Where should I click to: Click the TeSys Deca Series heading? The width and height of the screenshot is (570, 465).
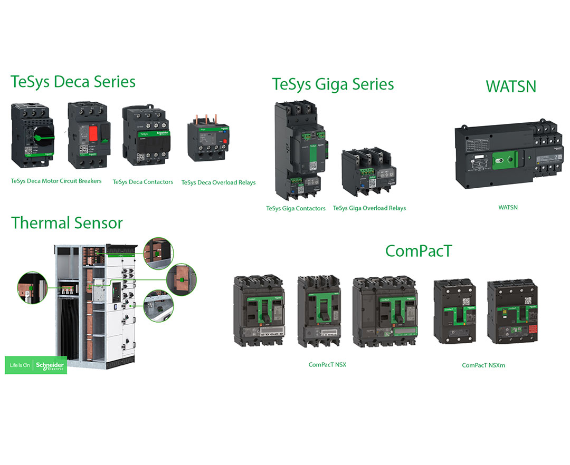point(73,82)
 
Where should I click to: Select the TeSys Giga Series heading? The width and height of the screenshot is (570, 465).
point(333,84)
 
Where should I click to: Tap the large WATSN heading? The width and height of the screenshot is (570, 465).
point(511,85)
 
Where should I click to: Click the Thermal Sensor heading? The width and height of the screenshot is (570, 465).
point(67,222)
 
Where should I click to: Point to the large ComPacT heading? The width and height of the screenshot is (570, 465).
point(419,251)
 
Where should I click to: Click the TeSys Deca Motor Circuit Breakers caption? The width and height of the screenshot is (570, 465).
point(56,181)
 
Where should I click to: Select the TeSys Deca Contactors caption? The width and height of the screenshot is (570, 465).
point(142,182)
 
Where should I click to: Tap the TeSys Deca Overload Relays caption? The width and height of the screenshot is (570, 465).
point(218,182)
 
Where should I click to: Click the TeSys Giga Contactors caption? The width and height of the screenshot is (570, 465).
point(296,208)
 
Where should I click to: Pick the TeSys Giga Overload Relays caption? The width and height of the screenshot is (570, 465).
point(369,208)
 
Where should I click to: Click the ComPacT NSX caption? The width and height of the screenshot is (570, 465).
point(327,364)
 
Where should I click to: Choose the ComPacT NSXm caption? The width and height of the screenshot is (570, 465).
point(483,365)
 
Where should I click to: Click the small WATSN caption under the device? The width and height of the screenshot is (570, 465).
point(508,207)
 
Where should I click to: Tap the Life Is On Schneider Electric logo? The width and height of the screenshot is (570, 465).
point(36,365)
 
